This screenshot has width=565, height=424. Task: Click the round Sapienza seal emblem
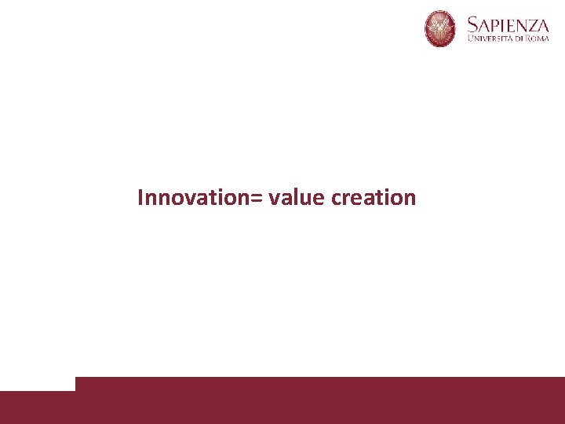point(440,29)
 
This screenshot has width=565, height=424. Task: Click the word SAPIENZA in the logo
point(507,23)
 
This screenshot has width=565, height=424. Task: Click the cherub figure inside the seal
point(440,28)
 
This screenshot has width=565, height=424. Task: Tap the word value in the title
point(296,198)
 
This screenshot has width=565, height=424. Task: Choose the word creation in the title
point(374,197)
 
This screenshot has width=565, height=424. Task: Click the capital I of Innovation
point(140,197)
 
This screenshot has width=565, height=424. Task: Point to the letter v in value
point(273,199)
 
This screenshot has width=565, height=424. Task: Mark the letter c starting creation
point(336,199)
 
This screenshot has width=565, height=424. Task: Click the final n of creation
point(410,199)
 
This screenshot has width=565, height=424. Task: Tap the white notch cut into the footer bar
point(37,383)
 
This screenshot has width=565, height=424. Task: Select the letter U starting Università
point(471,38)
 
